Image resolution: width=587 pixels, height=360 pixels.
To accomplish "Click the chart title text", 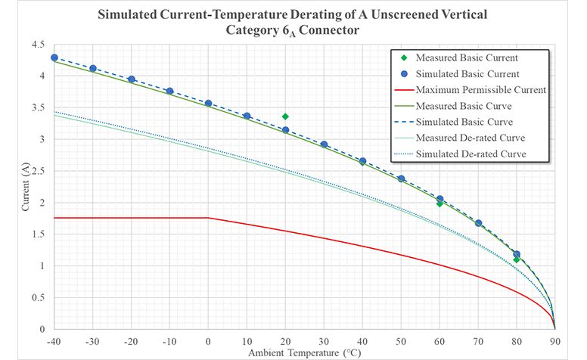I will coord(293,23).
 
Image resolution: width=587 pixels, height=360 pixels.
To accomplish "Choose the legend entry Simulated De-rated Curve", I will coord(464,154).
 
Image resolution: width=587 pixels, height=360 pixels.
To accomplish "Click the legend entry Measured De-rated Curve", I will coord(463,138).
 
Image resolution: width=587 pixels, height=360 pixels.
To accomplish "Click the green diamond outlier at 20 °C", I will coord(285,116).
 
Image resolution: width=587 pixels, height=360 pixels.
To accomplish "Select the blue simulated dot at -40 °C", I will coord(54,57).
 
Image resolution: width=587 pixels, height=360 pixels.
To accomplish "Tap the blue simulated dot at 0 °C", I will coord(208,103).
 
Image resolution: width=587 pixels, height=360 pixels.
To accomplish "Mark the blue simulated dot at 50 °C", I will coord(401,178).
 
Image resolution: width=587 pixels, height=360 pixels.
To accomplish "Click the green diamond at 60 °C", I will coord(439,203).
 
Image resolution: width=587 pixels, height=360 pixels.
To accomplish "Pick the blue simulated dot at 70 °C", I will coord(478,223).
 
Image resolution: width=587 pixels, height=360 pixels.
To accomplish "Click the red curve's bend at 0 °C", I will coord(208,218).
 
